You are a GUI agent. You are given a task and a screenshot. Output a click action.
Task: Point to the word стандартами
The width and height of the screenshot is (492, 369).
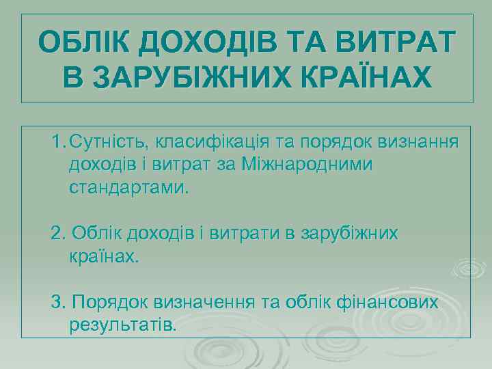(x=126, y=187)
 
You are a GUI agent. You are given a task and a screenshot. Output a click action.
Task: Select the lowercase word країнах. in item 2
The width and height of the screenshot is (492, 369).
(x=104, y=256)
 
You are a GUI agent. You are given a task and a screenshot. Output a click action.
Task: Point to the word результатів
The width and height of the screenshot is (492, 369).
(x=123, y=324)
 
